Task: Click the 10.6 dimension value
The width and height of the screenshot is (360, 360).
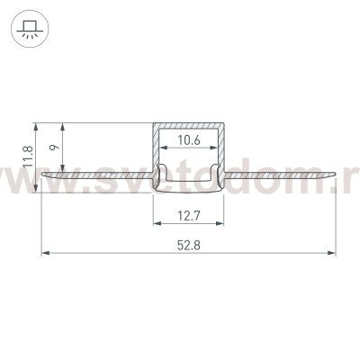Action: [188, 140]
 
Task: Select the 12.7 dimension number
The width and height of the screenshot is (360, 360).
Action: [188, 215]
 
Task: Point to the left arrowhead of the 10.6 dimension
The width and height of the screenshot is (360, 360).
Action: [160, 149]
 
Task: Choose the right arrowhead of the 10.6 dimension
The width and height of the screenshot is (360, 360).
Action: [216, 149]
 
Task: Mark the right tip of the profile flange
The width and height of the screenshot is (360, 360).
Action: [334, 178]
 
